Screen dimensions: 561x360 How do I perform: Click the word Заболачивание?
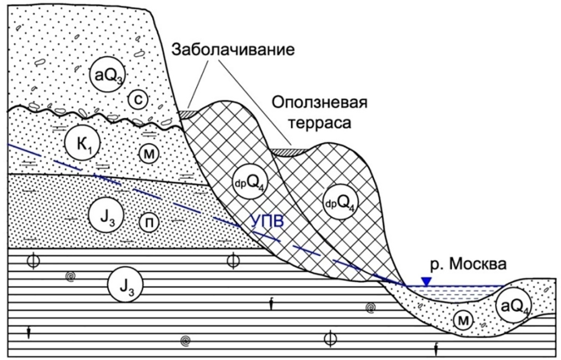pyautogui.click(x=233, y=49)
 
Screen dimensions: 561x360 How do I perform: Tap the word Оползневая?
pyautogui.click(x=319, y=103)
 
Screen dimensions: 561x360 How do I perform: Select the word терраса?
pyautogui.click(x=320, y=123)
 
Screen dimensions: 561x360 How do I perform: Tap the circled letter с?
pyautogui.click(x=138, y=99)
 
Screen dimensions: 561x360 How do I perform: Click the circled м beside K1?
pyautogui.click(x=149, y=154)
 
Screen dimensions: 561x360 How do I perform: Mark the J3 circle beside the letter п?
pyautogui.click(x=106, y=216)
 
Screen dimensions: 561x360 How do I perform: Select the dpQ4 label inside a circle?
pyautogui.click(x=340, y=202)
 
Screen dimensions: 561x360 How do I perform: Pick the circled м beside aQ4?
pyautogui.click(x=463, y=321)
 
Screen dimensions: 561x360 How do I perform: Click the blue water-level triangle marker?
pyautogui.click(x=426, y=282)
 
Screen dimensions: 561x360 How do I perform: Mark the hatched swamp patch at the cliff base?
pyautogui.click(x=188, y=114)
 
